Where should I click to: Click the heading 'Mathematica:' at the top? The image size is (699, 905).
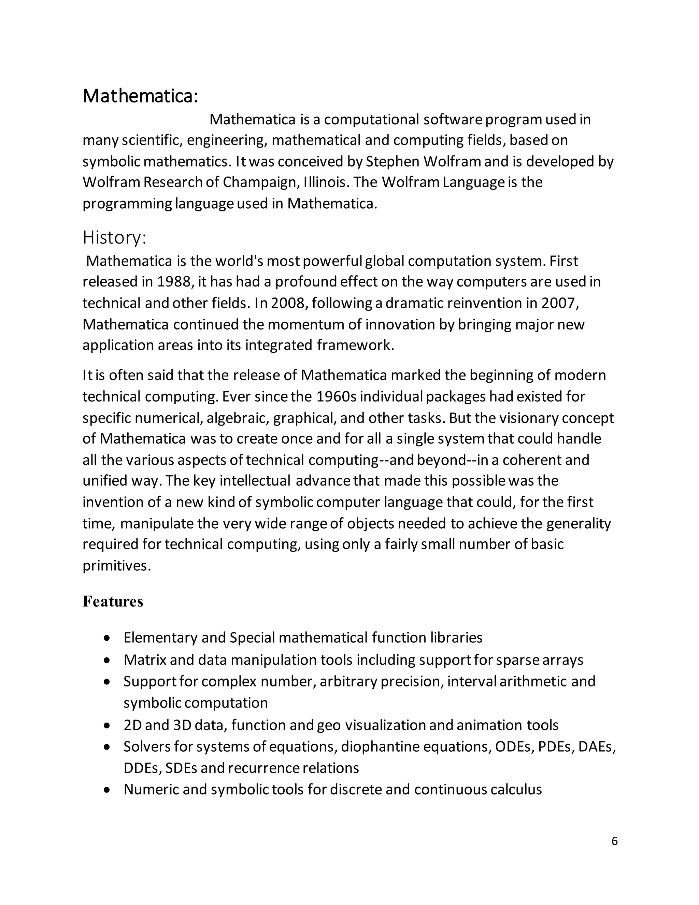140,96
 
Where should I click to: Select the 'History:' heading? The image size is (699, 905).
114,237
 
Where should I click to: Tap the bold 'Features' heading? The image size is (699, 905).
113,601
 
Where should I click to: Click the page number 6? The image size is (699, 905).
614,841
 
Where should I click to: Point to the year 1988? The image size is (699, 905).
173,282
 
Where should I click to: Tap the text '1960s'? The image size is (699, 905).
336,396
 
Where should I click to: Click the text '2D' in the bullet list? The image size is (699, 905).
132,725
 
